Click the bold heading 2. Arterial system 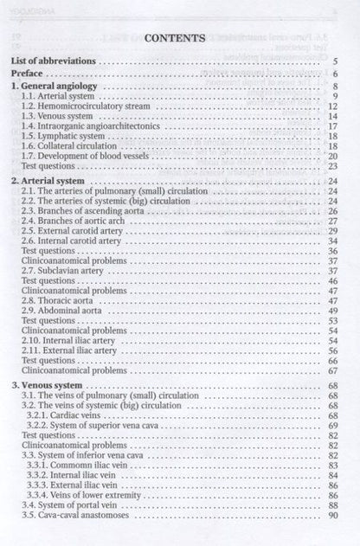[x=47, y=180]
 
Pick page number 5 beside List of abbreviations [x=334, y=62]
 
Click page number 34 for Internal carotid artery [x=332, y=241]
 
